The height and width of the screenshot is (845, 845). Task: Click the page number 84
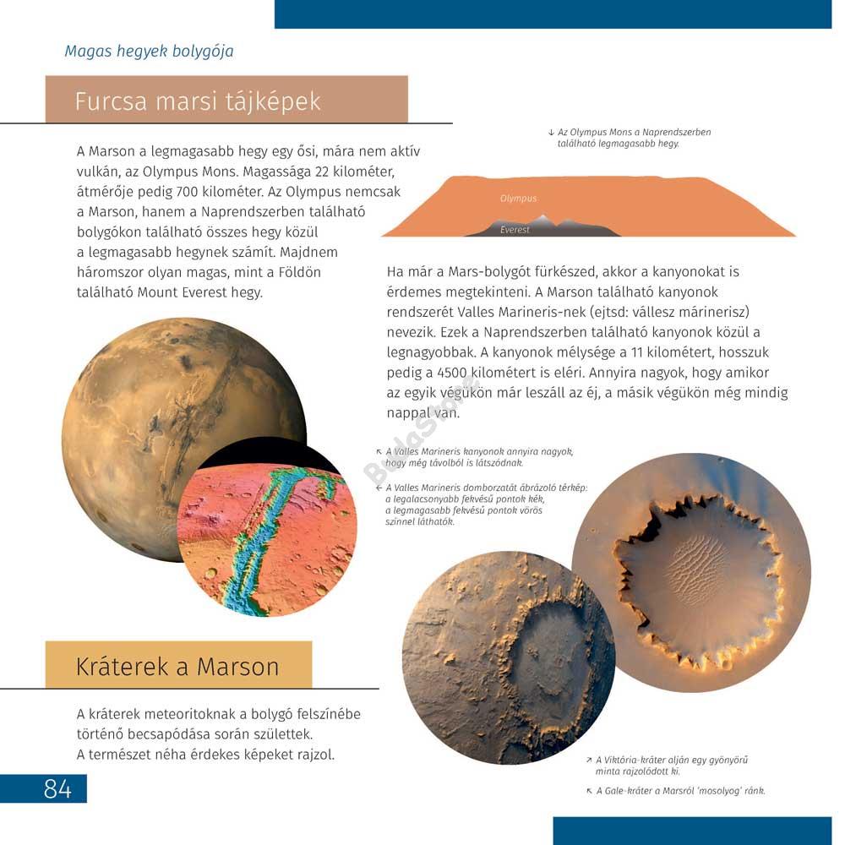coord(57,789)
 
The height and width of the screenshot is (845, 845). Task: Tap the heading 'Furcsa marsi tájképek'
coord(198,101)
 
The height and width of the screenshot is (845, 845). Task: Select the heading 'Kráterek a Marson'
coord(177,666)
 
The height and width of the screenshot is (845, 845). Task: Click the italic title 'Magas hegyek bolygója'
coord(149,52)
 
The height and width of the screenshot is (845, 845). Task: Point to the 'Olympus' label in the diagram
coord(518,199)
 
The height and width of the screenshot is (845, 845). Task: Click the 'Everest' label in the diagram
coord(515,230)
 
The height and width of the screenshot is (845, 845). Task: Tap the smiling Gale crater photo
coord(509,658)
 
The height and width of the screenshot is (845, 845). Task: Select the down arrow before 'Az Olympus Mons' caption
coord(551,133)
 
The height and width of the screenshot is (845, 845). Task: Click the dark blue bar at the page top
coord(553,14)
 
